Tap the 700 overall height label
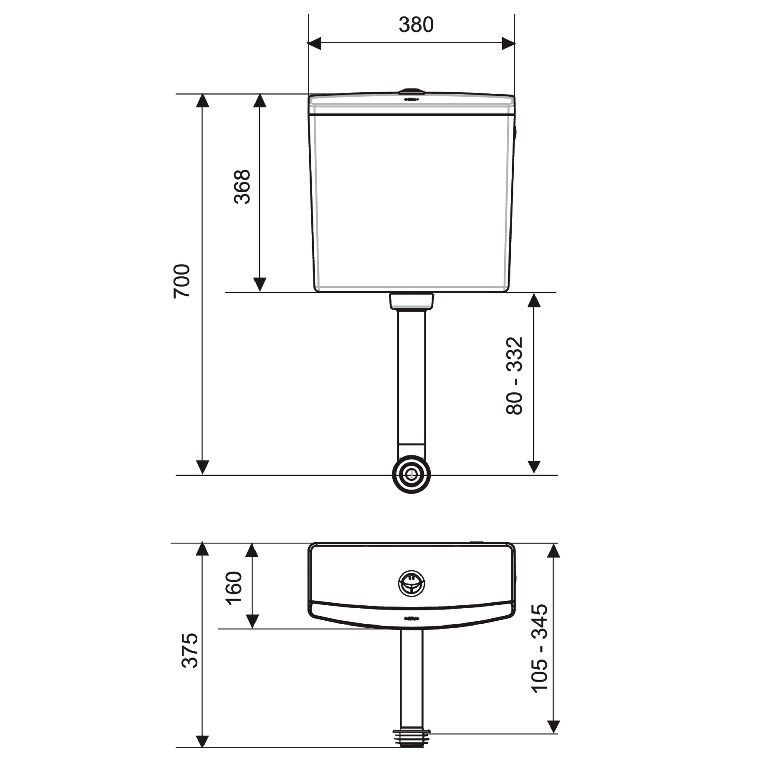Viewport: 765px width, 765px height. coord(182,281)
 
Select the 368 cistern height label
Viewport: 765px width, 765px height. coord(242,187)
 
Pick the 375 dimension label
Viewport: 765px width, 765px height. coord(190,651)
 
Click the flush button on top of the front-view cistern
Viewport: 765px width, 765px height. coord(412,92)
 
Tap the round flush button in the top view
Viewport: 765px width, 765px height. coord(412,584)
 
